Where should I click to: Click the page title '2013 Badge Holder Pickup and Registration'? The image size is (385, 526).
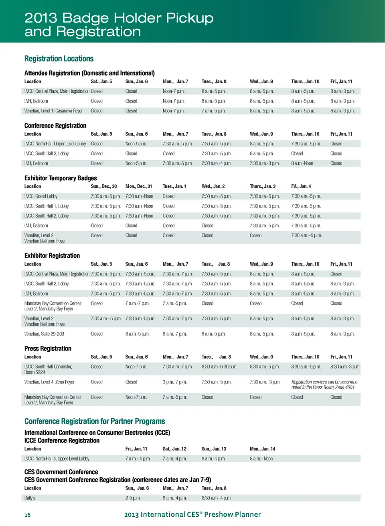(119, 24)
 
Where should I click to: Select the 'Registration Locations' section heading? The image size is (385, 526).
(59, 59)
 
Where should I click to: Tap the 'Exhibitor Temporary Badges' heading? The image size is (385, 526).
(61, 178)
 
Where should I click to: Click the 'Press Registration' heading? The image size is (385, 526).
(48, 349)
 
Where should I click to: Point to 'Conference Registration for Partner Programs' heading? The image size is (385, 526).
(95, 421)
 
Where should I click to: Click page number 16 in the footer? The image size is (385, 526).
(27, 515)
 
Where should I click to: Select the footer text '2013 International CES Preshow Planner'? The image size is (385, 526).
(192, 514)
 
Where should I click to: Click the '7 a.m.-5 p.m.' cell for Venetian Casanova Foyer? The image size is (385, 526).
(213, 111)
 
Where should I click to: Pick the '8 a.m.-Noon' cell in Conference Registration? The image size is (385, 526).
(302, 163)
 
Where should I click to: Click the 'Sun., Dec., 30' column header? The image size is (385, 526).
(104, 186)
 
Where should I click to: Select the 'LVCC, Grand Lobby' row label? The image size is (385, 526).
(41, 196)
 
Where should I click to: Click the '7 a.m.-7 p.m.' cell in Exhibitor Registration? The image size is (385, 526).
(137, 304)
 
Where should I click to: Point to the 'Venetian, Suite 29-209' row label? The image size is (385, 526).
(44, 334)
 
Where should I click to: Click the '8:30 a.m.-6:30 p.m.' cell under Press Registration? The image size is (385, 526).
(219, 367)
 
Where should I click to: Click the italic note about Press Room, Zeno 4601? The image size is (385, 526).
(325, 385)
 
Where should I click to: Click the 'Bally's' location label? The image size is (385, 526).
(30, 498)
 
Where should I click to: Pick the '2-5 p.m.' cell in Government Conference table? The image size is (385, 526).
(133, 498)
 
